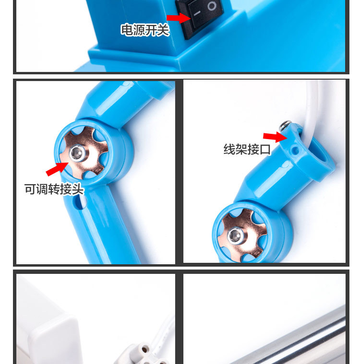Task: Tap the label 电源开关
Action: [x=144, y=30]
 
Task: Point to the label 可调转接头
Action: [x=54, y=189]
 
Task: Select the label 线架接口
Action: [x=247, y=149]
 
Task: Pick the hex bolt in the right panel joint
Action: [x=235, y=235]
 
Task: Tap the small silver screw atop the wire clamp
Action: [x=287, y=126]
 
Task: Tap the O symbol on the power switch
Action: [x=213, y=7]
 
